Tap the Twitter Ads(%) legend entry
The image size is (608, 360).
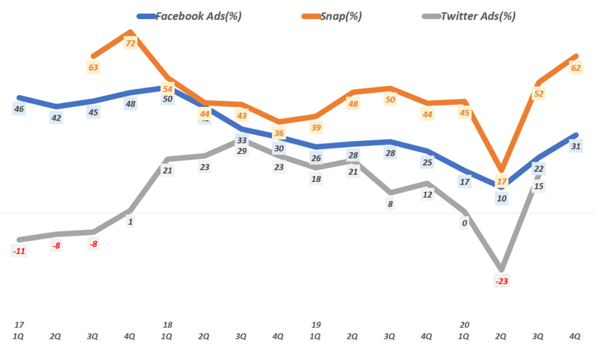[477, 16]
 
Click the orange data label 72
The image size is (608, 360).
[131, 43]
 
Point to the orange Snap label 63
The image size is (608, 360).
[93, 67]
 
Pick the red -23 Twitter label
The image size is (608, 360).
[502, 281]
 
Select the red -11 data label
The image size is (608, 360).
[19, 251]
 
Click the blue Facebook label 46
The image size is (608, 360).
[19, 109]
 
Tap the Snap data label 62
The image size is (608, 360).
[575, 68]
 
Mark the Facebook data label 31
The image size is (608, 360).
[575, 146]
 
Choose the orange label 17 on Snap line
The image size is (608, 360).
[502, 181]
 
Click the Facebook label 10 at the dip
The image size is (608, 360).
[502, 198]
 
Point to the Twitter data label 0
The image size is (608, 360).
[464, 223]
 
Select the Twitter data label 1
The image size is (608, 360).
[131, 222]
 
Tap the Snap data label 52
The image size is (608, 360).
[539, 93]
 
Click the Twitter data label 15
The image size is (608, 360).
[539, 186]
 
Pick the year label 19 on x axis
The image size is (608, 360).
[316, 325]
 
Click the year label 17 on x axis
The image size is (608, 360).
[19, 325]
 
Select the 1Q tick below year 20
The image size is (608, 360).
[464, 336]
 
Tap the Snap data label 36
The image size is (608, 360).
[279, 133]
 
